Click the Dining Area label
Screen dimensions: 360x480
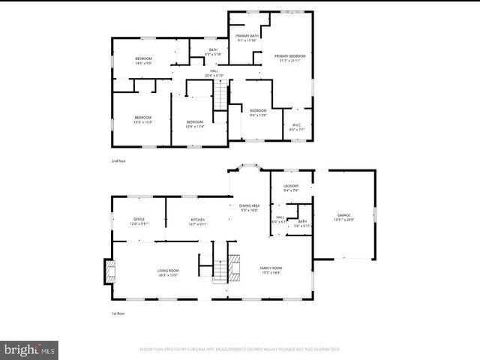249,206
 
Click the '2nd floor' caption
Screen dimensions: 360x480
118,160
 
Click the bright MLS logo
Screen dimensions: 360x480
30,349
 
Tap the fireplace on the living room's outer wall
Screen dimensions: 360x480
108,271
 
